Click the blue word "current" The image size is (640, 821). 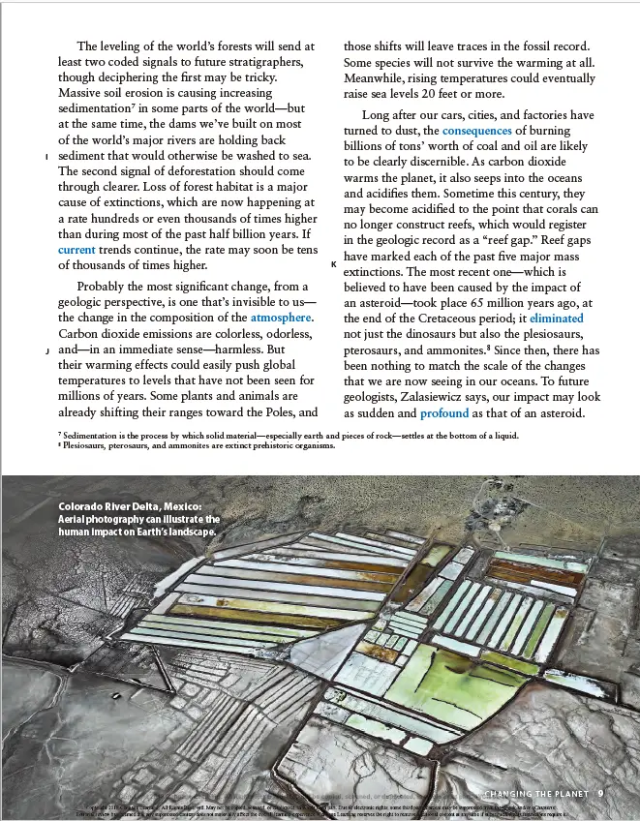pyautogui.click(x=76, y=250)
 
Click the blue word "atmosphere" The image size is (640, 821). pyautogui.click(x=281, y=317)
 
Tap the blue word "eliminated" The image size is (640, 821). pyautogui.click(x=556, y=318)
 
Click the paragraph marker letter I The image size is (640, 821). pyautogui.click(x=46, y=158)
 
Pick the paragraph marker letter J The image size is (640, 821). pyautogui.click(x=46, y=350)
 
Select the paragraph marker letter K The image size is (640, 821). pyautogui.click(x=333, y=263)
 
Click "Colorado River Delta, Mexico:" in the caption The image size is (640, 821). pyautogui.click(x=131, y=506)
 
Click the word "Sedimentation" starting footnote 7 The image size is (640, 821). pyautogui.click(x=101, y=436)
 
